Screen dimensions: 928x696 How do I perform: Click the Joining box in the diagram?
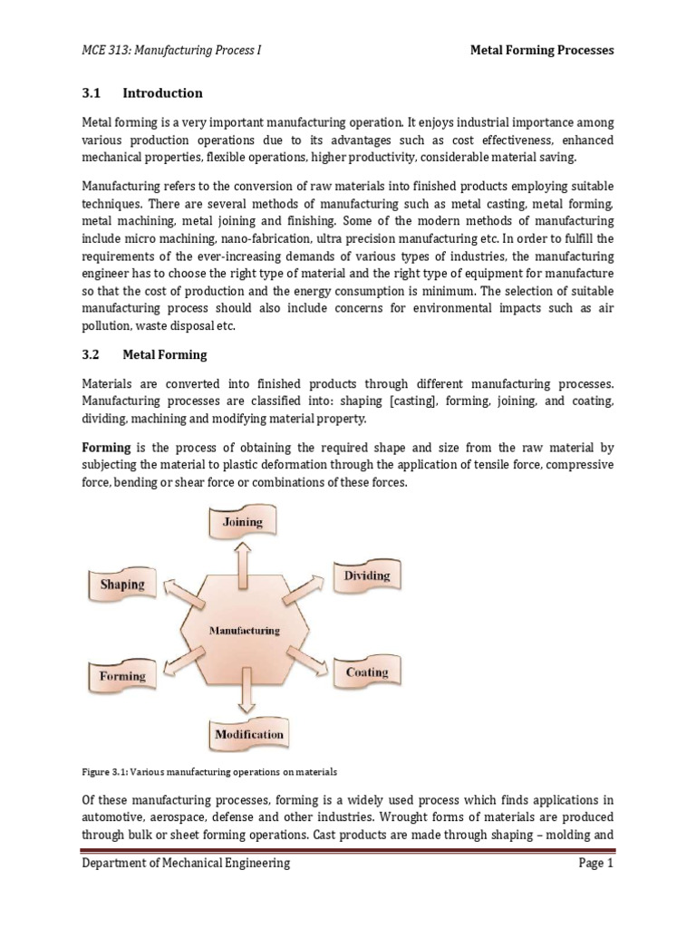pyautogui.click(x=243, y=523)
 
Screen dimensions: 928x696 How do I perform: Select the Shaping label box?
pyautogui.click(x=121, y=585)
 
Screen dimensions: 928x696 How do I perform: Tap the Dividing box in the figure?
pyautogui.click(x=366, y=576)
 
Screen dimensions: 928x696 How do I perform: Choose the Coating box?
pyautogui.click(x=366, y=673)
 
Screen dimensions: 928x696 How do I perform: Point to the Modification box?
pyautogui.click(x=248, y=734)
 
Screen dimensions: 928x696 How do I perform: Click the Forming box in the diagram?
pyautogui.click(x=121, y=676)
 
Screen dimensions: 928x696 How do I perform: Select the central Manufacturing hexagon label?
pyautogui.click(x=245, y=630)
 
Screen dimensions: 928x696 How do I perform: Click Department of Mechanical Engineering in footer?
pyautogui.click(x=186, y=864)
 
